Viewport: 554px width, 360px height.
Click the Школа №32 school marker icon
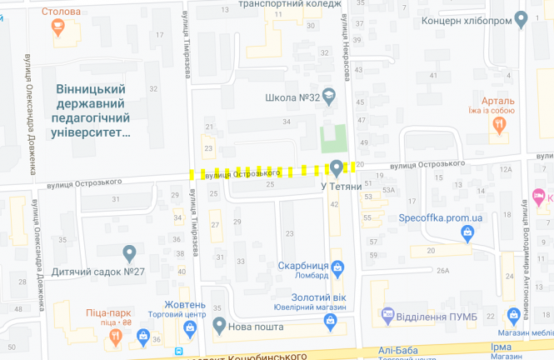(328, 97)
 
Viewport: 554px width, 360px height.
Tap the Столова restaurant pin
(58, 27)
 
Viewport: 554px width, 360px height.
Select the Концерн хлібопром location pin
(522, 18)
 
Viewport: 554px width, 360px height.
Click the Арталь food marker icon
(500, 125)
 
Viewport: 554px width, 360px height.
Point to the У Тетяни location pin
(337, 167)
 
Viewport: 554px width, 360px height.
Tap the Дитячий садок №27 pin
(129, 252)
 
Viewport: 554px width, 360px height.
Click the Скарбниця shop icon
(337, 268)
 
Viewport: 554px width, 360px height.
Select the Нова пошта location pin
(219, 324)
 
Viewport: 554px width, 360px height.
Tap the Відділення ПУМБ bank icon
(387, 314)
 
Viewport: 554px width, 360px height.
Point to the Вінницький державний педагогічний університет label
(90, 110)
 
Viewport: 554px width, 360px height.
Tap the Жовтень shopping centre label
(184, 303)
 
